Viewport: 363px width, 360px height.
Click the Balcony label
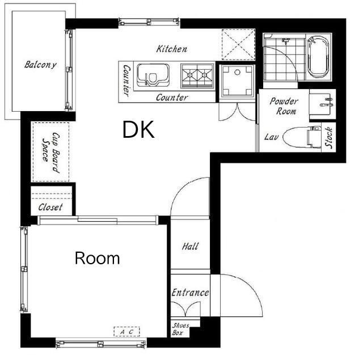(x=40, y=65)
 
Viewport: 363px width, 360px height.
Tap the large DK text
(x=138, y=130)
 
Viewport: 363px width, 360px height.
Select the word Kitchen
(x=171, y=49)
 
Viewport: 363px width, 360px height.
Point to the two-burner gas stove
(x=197, y=75)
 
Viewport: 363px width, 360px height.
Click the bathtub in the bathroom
(x=319, y=57)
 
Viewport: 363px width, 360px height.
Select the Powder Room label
(x=284, y=106)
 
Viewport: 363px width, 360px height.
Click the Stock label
(x=329, y=137)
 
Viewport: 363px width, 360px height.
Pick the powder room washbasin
(x=323, y=104)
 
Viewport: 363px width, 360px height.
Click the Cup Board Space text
(x=51, y=153)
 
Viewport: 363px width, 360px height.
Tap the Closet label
(x=50, y=207)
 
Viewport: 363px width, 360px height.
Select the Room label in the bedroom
(x=97, y=258)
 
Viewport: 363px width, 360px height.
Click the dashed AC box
(x=126, y=331)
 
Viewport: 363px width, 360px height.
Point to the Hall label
(x=190, y=246)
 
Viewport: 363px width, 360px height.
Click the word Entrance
(x=191, y=293)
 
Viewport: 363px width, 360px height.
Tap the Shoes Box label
(x=180, y=329)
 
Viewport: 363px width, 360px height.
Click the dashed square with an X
(x=238, y=45)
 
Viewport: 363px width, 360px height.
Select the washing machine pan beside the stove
(x=237, y=81)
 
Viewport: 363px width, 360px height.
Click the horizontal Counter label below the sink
(x=172, y=98)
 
